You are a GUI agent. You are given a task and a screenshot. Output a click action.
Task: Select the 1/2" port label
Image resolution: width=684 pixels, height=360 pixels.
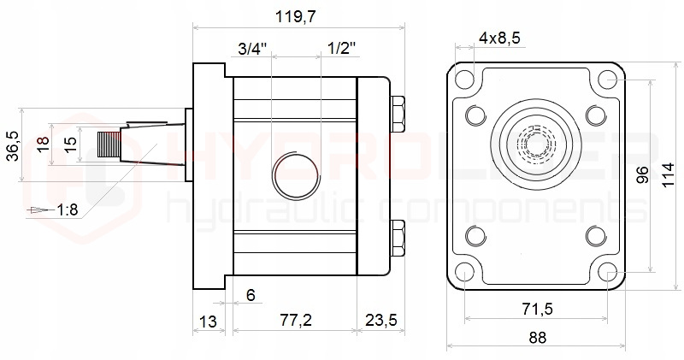tap(341, 50)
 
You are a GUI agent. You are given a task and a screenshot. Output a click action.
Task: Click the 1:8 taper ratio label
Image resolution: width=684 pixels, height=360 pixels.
tap(68, 209)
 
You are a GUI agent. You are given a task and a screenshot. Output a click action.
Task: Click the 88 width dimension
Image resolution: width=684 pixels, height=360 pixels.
tap(537, 337)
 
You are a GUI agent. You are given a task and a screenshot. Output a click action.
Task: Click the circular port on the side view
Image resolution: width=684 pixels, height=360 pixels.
tap(296, 174)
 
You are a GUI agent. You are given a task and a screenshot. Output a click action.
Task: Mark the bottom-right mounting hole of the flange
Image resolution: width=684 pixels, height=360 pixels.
tap(608, 273)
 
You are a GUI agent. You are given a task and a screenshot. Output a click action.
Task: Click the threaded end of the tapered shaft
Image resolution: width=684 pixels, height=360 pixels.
tap(109, 146)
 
